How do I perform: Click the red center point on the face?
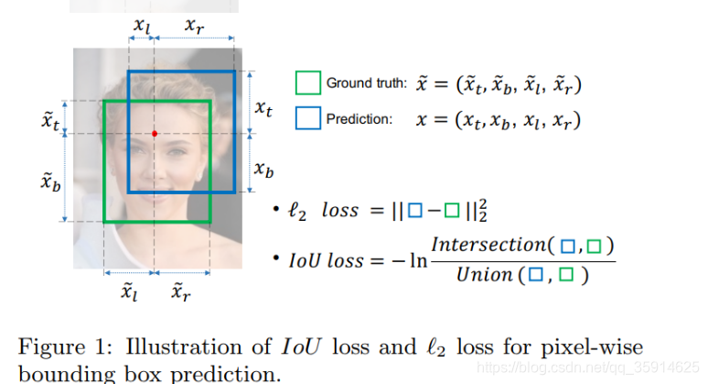155,134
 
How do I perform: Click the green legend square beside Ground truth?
308,83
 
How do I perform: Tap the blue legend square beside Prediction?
308,118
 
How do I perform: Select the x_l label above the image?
142,27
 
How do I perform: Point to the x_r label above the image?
194,27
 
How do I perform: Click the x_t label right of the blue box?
263,109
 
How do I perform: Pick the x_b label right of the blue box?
263,170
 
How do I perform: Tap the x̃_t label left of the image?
49,122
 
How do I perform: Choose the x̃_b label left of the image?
50,183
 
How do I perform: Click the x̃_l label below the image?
131,291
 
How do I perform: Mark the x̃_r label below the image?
180,291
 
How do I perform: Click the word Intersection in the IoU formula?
488,245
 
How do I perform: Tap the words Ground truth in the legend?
366,84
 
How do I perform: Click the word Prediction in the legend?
359,119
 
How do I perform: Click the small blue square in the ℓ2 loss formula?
415,211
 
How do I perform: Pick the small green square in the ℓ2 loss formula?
451,211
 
